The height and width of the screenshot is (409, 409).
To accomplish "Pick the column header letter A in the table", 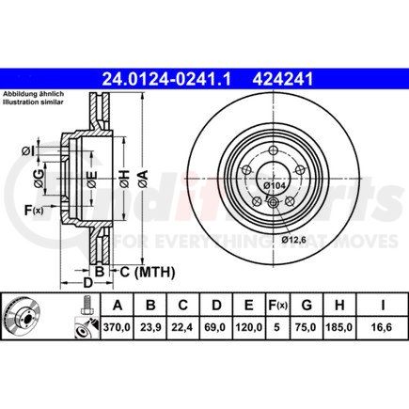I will pyautogui.click(x=118, y=305).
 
